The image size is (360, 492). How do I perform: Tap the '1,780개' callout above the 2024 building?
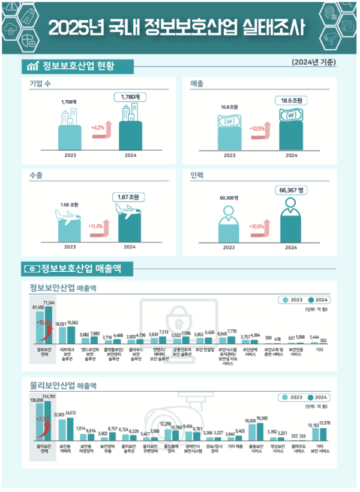coord(130,97)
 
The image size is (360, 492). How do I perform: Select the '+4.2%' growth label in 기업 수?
coord(97,128)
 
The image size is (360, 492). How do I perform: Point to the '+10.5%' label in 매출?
coord(258,128)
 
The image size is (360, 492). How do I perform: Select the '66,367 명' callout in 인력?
coord(292,190)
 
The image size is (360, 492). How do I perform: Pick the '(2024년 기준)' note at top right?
coord(313,62)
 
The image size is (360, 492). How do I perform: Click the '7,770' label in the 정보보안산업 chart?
coord(232,331)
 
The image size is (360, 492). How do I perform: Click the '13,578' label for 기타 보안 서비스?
coord(325,424)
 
